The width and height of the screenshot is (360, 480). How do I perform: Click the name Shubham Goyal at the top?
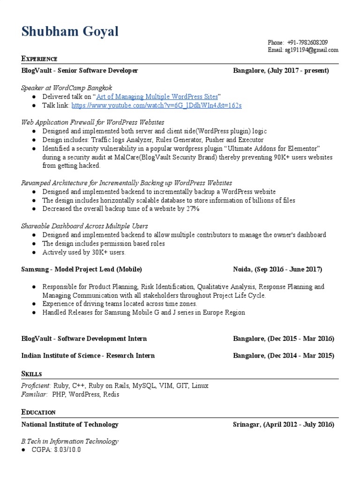pyautogui.click(x=70, y=32)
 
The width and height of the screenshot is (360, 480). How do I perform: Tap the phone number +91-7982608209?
pyautogui.click(x=307, y=42)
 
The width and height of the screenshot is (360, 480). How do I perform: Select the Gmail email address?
pyautogui.click(x=309, y=50)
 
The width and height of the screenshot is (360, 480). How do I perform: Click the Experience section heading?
pyautogui.click(x=39, y=59)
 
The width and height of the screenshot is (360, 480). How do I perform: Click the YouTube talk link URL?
pyautogui.click(x=157, y=105)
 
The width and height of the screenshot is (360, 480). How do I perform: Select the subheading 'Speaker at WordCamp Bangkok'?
pyautogui.click(x=67, y=88)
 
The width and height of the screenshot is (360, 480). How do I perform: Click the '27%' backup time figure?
pyautogui.click(x=191, y=209)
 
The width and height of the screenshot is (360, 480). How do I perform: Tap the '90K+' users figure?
pyautogui.click(x=282, y=157)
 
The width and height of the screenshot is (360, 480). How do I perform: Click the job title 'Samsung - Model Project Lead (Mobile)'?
pyautogui.click(x=82, y=270)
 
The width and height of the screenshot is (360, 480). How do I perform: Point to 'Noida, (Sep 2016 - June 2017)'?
pyautogui.click(x=277, y=270)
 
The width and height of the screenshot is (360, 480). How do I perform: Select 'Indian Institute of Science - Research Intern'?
pyautogui.click(x=88, y=356)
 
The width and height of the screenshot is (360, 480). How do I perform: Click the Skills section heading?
pyautogui.click(x=32, y=374)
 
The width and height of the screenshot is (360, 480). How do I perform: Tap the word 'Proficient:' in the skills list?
pyautogui.click(x=36, y=385)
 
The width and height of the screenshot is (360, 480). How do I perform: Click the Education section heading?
pyautogui.click(x=38, y=412)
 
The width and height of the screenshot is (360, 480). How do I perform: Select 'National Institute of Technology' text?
pyautogui.click(x=70, y=424)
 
